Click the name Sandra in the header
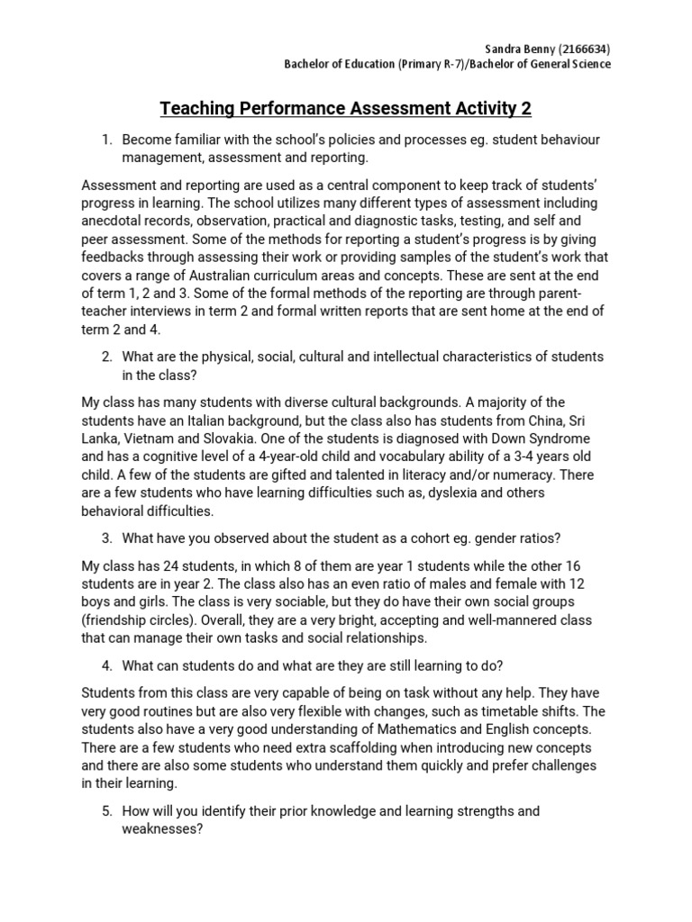(x=501, y=49)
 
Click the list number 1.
(x=105, y=140)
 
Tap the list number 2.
(x=105, y=357)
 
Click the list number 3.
(x=105, y=538)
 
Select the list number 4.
(x=105, y=665)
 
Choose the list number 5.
(x=105, y=811)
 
